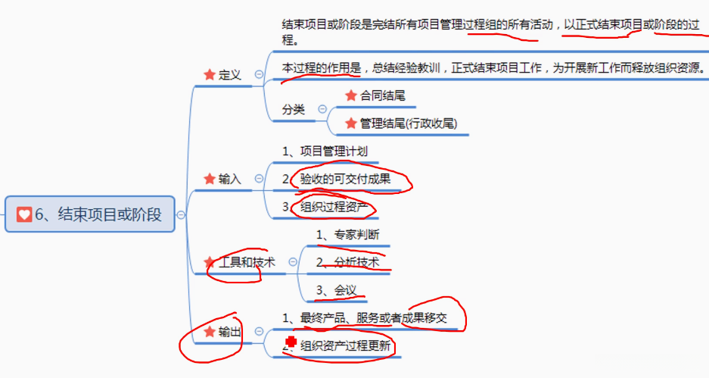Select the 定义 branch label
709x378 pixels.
[229, 74]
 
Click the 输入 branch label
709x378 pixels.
[229, 179]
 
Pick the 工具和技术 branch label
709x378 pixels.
[246, 262]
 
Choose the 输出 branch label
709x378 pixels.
[229, 332]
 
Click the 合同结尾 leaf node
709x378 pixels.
[382, 95]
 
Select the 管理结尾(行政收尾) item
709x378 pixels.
[408, 123]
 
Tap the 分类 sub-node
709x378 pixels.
[294, 109]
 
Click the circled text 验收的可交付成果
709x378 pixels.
[345, 179]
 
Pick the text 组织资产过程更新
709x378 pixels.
[345, 346]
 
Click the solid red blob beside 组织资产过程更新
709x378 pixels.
[291, 343]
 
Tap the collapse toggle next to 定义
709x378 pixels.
[260, 74]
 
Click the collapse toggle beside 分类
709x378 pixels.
[322, 109]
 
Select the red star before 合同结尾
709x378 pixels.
[350, 95]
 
